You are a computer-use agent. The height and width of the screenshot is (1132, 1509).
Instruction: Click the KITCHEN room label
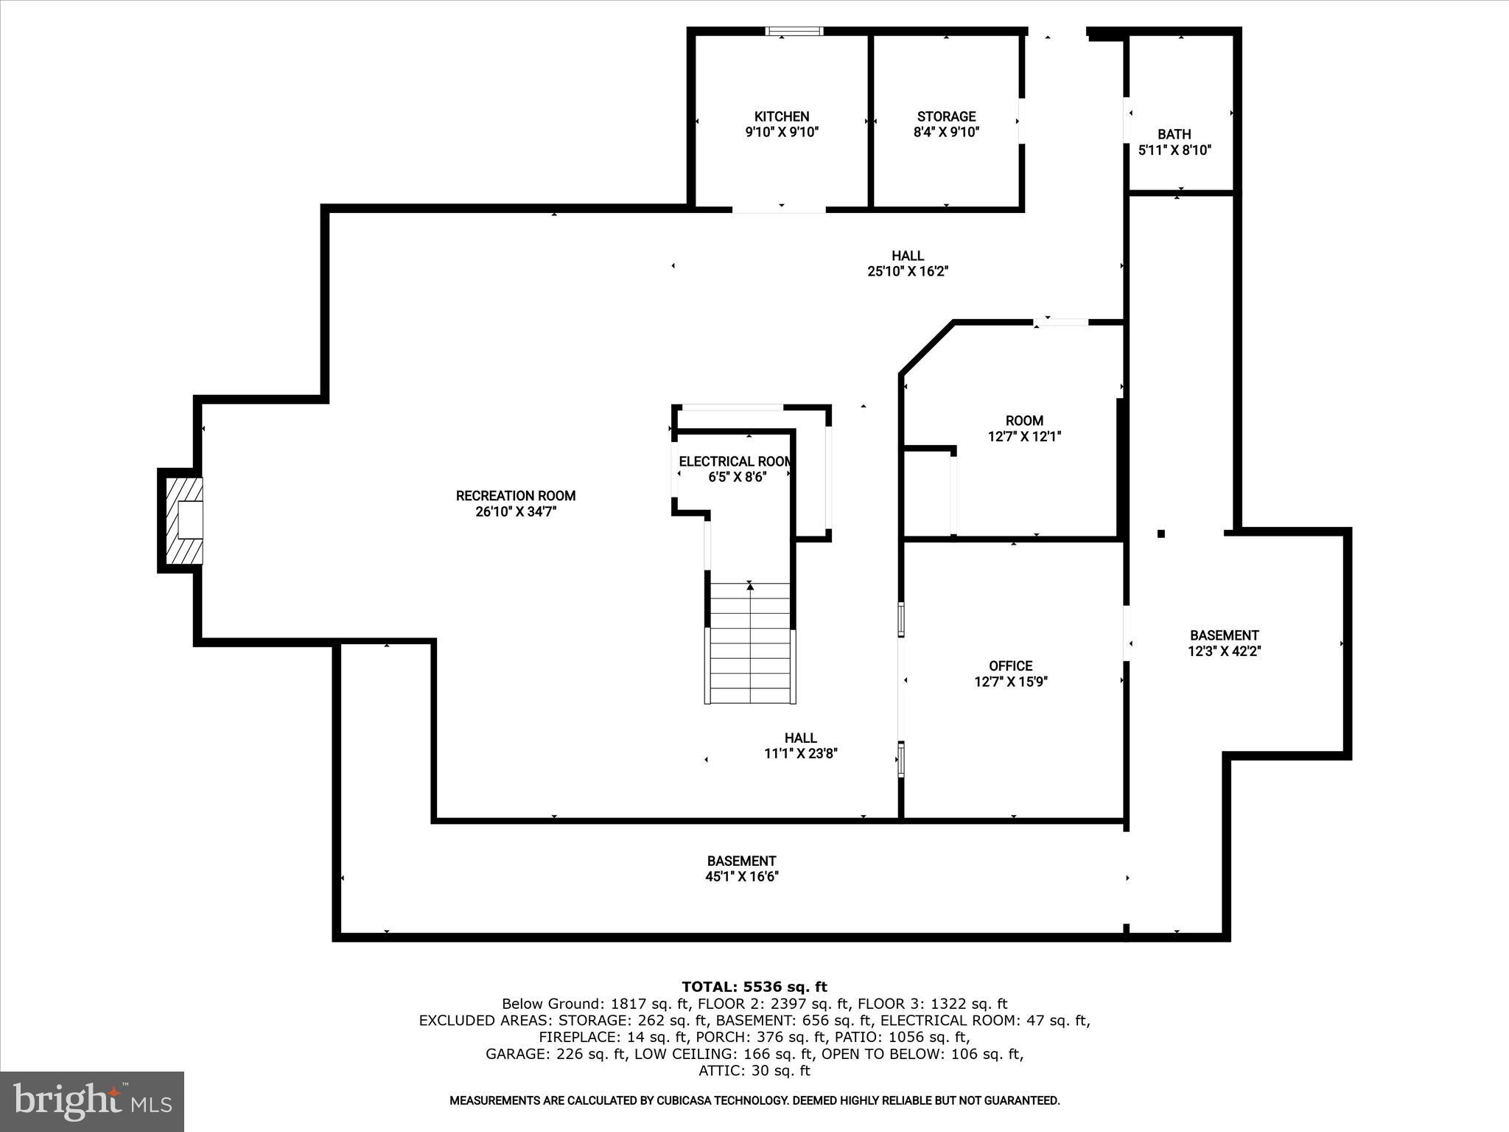(x=782, y=116)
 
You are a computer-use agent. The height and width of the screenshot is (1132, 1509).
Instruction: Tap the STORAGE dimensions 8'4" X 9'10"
(x=946, y=133)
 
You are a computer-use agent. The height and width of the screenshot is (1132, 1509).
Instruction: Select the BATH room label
(x=1174, y=134)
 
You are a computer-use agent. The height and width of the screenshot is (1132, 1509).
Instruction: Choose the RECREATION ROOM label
(x=515, y=496)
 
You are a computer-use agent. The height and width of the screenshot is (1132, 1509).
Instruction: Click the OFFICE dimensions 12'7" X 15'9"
(x=1011, y=682)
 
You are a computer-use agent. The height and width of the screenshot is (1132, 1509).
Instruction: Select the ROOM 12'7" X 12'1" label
(x=1024, y=429)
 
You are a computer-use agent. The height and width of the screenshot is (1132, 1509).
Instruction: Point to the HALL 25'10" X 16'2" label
(x=907, y=263)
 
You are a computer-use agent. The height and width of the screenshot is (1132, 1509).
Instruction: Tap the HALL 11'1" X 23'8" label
(x=800, y=746)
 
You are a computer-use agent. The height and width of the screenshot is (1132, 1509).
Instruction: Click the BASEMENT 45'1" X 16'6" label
(x=741, y=869)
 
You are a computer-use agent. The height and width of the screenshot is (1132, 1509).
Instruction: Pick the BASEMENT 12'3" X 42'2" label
(x=1224, y=643)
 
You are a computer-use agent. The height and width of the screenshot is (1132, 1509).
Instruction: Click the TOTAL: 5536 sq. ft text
(x=754, y=987)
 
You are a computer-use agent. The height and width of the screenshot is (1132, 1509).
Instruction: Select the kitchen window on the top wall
(x=794, y=31)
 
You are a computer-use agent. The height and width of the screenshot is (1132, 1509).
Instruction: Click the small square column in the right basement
(x=1161, y=534)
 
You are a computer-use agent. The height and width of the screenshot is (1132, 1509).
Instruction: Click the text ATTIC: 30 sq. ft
(x=754, y=1071)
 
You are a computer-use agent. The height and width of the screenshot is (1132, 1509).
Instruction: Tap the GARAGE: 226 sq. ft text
(x=556, y=1054)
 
